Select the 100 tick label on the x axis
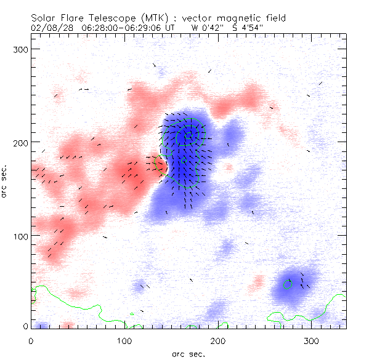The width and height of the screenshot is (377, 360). point(124,340)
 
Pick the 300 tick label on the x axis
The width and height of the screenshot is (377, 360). point(312,340)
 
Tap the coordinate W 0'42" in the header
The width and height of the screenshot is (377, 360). point(208,28)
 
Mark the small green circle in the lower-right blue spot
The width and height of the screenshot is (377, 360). point(287,284)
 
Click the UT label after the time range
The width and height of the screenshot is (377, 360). point(171,28)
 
